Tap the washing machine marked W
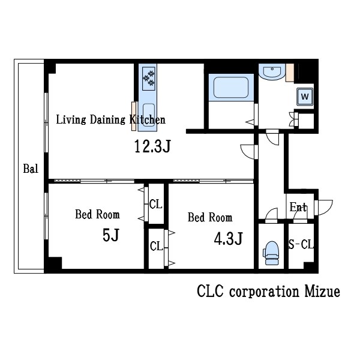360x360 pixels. point(305,97)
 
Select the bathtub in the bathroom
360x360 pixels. point(231,88)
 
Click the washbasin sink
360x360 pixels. point(272,72)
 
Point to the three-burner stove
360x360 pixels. point(149,79)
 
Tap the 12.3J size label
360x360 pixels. point(152,146)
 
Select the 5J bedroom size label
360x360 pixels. point(111,235)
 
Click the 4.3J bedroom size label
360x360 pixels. point(228,239)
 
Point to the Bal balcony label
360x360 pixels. point(31,169)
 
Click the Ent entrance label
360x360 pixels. point(298,207)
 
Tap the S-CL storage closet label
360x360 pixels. point(301,244)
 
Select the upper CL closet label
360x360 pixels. point(155,204)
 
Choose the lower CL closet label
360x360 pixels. point(156,247)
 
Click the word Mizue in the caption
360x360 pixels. point(322,291)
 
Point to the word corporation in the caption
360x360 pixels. point(264,292)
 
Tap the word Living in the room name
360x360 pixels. point(71,120)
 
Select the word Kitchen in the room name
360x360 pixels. point(148,119)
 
